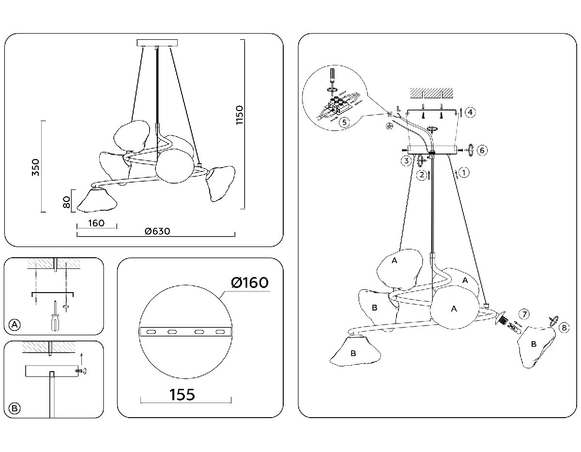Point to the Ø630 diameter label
point(157,232)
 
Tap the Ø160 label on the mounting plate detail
point(249,282)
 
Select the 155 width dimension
point(183,394)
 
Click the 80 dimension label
point(67,201)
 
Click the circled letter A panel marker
point(15,325)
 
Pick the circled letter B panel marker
point(15,408)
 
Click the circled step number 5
point(343,122)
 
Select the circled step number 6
point(481,150)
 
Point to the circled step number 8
point(562,328)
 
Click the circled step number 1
point(464,172)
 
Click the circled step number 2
point(422,174)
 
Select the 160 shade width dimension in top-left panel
point(97,223)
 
